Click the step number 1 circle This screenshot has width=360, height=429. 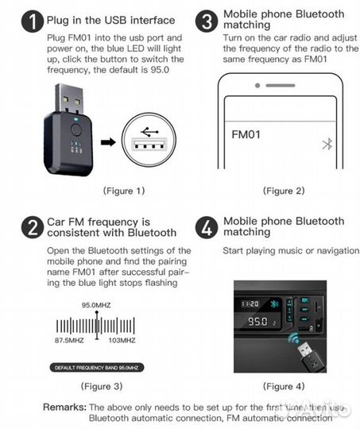(33, 21)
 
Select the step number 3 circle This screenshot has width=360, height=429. (207, 21)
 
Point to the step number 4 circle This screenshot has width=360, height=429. (207, 227)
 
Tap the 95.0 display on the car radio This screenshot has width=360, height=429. (257, 324)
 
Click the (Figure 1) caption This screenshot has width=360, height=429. (123, 191)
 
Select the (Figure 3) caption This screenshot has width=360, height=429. (100, 386)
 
